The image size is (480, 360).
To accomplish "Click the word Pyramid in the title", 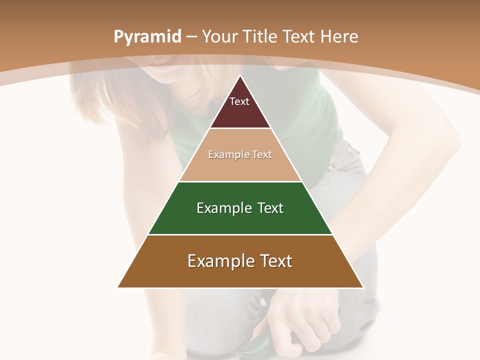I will pos(147,37).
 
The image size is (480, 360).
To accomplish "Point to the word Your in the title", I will pos(220,36).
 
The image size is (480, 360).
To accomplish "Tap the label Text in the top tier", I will pos(239,101).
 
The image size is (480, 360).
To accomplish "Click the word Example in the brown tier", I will pos(215,261).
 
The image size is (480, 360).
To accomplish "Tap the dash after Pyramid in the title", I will pos(191,37).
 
